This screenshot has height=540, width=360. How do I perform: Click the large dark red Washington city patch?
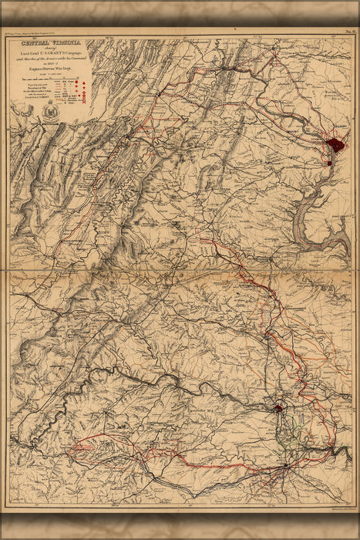tap(335, 144)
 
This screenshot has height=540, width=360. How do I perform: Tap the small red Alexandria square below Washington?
tap(331, 161)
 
